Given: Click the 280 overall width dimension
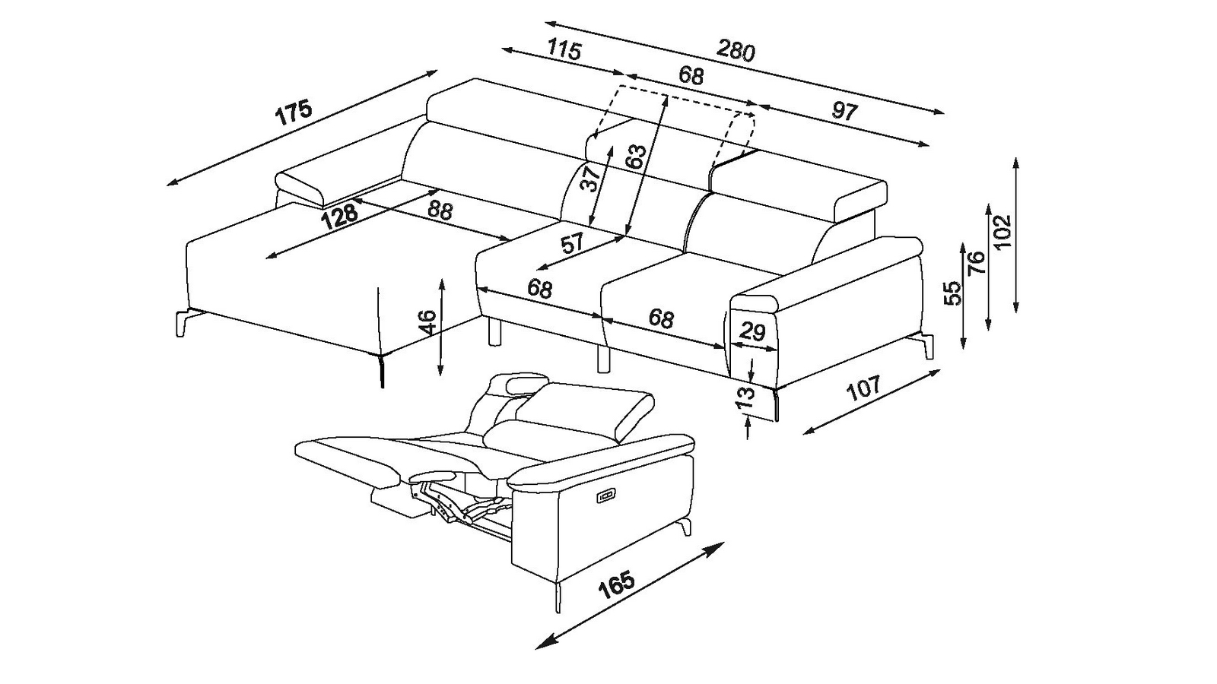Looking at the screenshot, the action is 736,50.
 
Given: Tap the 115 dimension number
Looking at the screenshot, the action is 564,49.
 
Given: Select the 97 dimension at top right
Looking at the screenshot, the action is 844,111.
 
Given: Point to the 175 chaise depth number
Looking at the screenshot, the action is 294,112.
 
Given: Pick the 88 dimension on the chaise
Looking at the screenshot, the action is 440,210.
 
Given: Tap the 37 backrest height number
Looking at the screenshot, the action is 589,178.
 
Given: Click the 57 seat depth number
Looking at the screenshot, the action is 571,242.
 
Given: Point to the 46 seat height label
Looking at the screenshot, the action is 427,322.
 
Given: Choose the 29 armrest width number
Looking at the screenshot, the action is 753,331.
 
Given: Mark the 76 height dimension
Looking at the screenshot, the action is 977,263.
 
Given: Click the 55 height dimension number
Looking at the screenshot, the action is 954,293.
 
